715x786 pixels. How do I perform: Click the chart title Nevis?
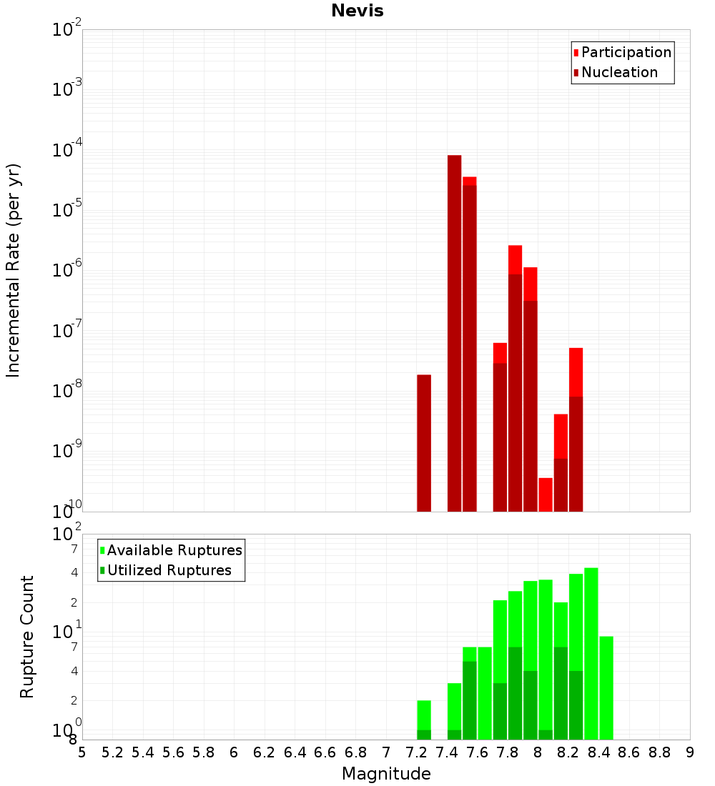[357, 11]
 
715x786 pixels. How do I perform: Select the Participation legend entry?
[626, 52]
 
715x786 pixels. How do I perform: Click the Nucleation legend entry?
[619, 72]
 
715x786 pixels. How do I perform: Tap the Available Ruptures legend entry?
[174, 550]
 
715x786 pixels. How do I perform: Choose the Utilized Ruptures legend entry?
[169, 570]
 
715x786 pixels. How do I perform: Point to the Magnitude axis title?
[386, 774]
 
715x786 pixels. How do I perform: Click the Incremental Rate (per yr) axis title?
[14, 270]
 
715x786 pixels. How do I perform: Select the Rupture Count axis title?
[27, 637]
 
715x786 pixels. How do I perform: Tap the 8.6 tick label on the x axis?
[628, 752]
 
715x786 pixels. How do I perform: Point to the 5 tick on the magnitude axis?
[82, 752]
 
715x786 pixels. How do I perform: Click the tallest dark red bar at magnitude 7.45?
[454, 332]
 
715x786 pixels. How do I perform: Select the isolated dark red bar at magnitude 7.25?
[424, 443]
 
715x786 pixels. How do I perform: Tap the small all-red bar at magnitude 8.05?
[546, 494]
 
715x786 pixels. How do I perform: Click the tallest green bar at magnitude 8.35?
[591, 654]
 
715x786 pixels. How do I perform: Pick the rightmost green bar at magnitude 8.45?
[606, 687]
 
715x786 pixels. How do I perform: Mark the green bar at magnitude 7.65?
[485, 693]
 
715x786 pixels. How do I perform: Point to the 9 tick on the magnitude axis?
[690, 752]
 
